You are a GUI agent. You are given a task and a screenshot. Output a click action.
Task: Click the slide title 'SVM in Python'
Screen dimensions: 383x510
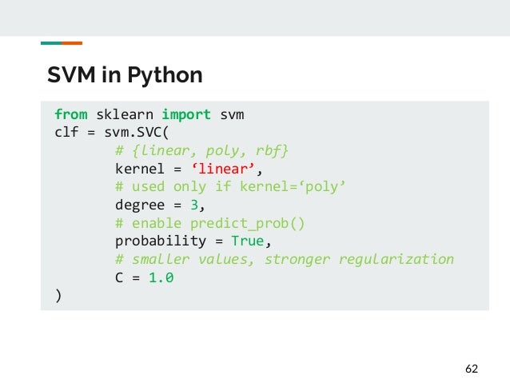coord(124,76)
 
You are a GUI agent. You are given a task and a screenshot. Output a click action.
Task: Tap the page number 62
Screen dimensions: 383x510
coord(471,369)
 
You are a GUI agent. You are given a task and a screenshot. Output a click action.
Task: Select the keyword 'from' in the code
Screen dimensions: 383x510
coord(71,114)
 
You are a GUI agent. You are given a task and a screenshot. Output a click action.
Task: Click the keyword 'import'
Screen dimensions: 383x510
coord(186,114)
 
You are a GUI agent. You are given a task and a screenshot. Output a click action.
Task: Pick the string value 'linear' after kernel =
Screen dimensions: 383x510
coord(223,169)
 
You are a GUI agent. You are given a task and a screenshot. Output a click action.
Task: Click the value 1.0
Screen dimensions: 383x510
coord(161,277)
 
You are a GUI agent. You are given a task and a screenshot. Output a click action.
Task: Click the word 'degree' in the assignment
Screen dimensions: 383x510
coord(141,205)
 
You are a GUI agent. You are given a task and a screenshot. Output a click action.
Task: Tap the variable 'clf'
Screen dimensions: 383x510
coord(66,133)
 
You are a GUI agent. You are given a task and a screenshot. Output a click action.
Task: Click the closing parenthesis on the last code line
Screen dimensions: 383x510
coord(58,295)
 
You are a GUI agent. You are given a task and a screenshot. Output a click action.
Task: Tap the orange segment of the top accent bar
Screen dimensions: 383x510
coord(72,42)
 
